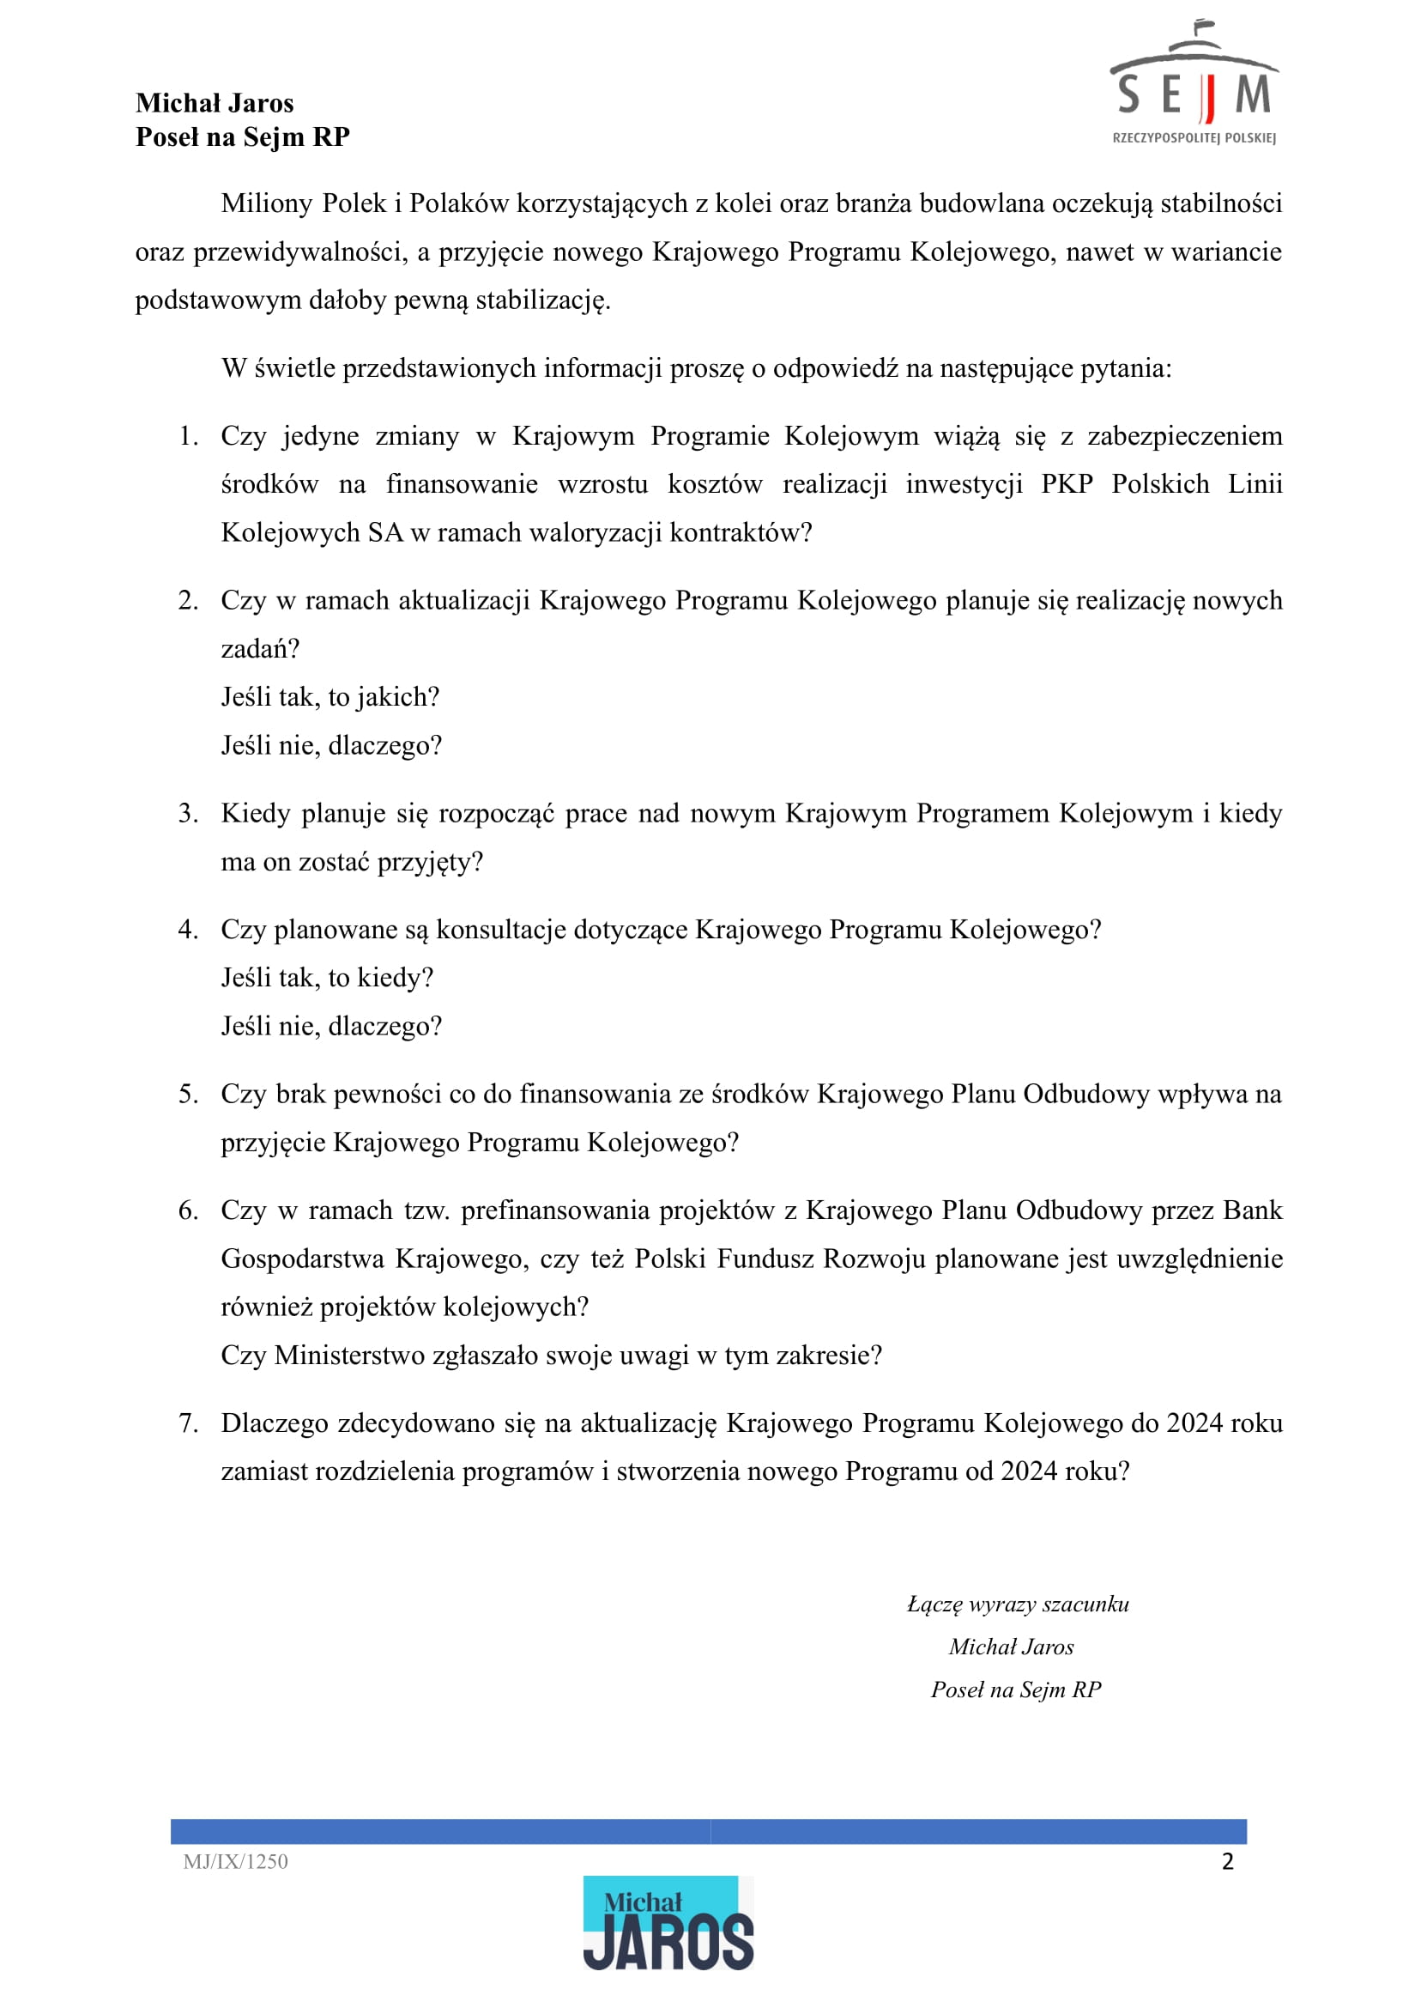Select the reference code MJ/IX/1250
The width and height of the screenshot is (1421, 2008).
235,1862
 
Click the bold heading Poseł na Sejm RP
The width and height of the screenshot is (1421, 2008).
242,137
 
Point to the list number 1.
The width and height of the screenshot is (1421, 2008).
187,436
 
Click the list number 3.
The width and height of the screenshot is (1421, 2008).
187,813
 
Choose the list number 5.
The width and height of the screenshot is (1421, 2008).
187,1095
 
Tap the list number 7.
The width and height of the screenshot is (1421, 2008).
187,1423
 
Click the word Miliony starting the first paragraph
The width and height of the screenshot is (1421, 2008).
267,203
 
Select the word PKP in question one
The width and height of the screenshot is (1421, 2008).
1067,484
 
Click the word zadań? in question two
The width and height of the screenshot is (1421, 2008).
260,649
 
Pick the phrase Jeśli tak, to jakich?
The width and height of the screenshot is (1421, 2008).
330,697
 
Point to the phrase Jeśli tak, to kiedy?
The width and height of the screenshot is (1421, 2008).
327,978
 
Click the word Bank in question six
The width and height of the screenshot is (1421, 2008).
1252,1210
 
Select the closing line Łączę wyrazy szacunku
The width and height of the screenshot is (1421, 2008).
1018,1605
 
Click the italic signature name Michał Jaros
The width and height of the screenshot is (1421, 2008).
1011,1647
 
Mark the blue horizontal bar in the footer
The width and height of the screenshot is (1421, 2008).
708,1831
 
